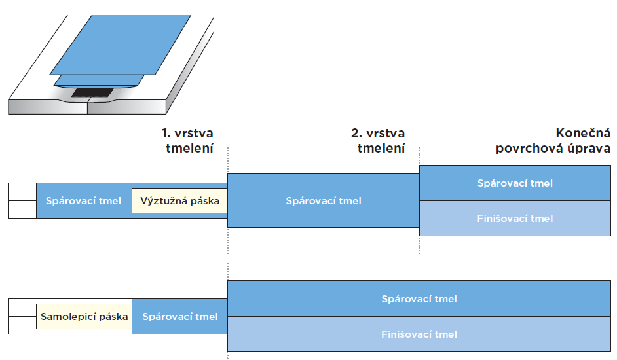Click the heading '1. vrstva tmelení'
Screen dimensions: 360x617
(x=187, y=141)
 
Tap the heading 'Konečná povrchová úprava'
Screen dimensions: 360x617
(x=553, y=141)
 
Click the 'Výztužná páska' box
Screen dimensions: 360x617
(x=179, y=200)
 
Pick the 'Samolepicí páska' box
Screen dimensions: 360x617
(x=84, y=317)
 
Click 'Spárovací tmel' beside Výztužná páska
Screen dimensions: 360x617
(x=83, y=200)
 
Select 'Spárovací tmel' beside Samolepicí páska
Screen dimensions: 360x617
(x=179, y=317)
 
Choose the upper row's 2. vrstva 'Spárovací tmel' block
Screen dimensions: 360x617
(x=323, y=200)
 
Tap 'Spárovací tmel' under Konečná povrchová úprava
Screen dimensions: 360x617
(x=514, y=183)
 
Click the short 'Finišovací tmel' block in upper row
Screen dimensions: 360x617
(x=514, y=219)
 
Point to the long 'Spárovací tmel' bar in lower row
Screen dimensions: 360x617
(x=419, y=299)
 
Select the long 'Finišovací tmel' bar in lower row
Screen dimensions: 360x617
(x=419, y=334)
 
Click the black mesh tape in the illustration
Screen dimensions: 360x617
(x=92, y=92)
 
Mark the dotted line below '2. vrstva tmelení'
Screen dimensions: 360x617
(x=419, y=203)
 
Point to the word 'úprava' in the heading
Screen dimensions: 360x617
(x=589, y=149)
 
